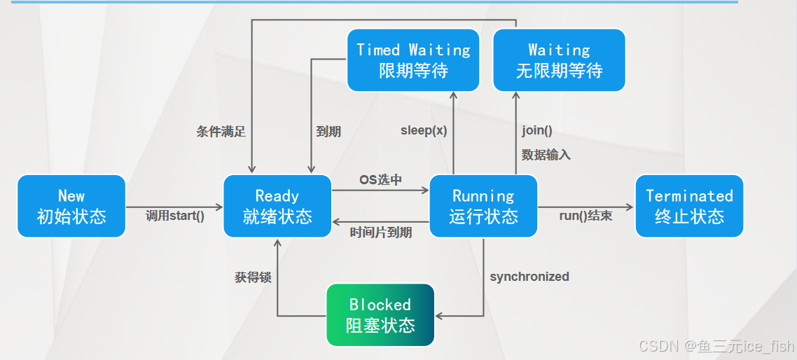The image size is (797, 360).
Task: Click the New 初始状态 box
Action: [71, 206]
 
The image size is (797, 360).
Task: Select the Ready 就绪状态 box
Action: [277, 206]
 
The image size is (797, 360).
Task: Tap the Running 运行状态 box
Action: [483, 206]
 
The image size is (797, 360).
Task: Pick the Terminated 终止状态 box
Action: [689, 206]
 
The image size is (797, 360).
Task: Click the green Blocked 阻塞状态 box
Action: [380, 314]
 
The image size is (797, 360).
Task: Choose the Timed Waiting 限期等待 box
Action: [413, 60]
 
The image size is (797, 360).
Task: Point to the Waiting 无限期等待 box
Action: [559, 60]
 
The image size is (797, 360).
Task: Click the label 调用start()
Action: [175, 216]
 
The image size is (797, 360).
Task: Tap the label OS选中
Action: [381, 180]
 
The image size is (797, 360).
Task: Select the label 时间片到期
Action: [381, 233]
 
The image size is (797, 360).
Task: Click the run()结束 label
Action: [585, 216]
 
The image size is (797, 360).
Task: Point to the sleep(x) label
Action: [424, 130]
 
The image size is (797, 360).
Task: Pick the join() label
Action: [537, 130]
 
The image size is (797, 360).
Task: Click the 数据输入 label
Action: [546, 155]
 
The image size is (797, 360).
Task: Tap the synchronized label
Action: [529, 277]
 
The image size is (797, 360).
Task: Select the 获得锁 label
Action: [253, 277]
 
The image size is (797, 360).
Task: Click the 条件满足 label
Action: [221, 131]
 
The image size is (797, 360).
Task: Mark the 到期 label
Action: [328, 131]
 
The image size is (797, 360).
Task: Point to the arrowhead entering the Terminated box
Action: [630, 206]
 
